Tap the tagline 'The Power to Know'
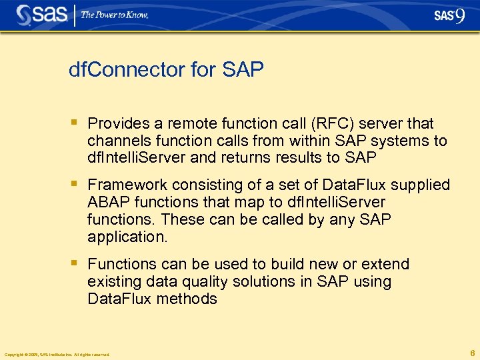[x=115, y=15]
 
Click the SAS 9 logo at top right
[x=449, y=15]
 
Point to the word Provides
[x=117, y=124]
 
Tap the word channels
[x=116, y=141]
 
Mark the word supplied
[x=421, y=185]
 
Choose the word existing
[x=111, y=281]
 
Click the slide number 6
[x=471, y=353]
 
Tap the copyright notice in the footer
[x=57, y=354]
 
